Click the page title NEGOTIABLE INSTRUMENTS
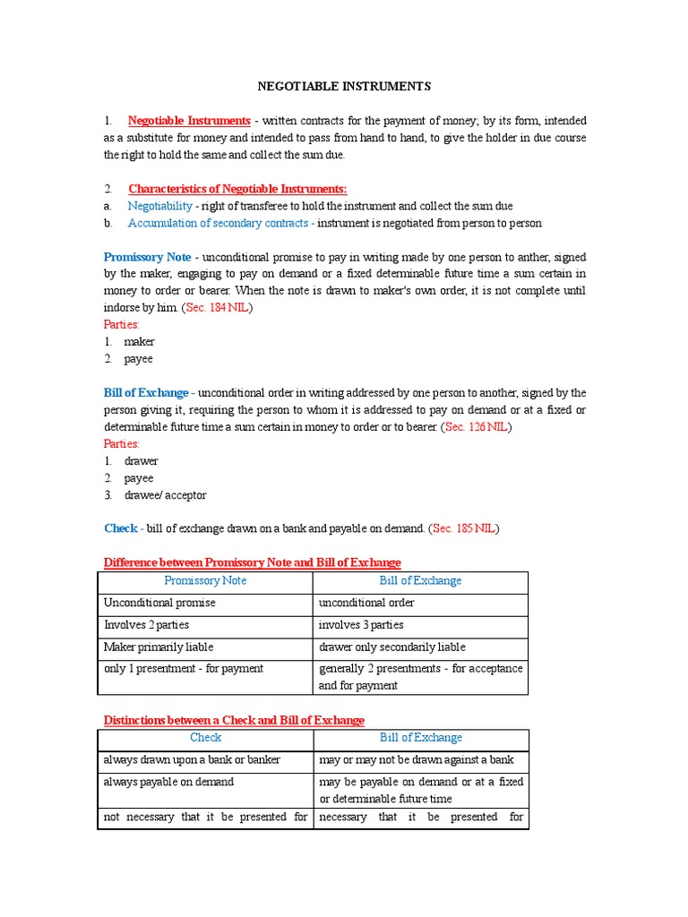coord(344,86)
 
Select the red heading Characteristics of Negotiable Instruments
coord(237,188)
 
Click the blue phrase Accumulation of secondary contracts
coord(218,223)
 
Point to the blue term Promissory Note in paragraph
coord(147,257)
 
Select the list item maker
coord(139,342)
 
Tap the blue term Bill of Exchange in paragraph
coord(146,393)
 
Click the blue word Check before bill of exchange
coord(120,529)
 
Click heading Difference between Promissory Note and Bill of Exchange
coord(253,562)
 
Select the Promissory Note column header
coord(205,581)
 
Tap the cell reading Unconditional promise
coord(159,603)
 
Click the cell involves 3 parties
coord(361,625)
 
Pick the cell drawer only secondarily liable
coord(392,647)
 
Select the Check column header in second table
coord(205,739)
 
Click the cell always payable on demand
coord(168,782)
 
